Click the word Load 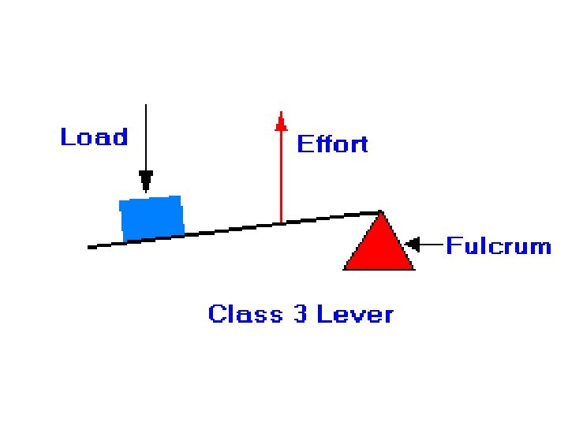point(94,137)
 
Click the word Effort point(332,144)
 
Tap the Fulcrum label point(499,246)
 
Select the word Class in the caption point(245,314)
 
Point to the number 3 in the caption point(300,314)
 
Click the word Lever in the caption point(354,314)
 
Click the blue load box point(151,218)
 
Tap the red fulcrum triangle point(379,248)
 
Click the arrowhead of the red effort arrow point(280,121)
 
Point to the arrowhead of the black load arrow point(146,181)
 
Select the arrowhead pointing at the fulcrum point(410,245)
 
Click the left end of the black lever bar point(90,247)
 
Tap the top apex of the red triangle point(381,212)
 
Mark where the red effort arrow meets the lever point(281,223)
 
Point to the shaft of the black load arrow point(146,138)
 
